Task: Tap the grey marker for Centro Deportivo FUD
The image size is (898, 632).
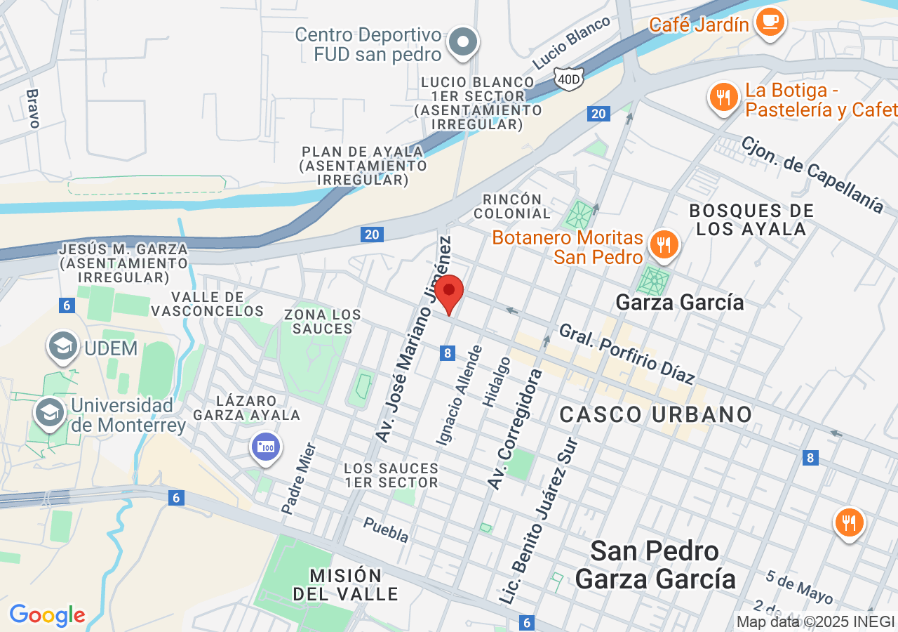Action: (463, 43)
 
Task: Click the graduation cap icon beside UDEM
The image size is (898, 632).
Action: (63, 346)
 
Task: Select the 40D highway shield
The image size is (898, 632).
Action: (568, 79)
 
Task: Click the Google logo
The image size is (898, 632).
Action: (47, 615)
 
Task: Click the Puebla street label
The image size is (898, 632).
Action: (386, 529)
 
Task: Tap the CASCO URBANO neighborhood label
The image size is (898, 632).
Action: (656, 414)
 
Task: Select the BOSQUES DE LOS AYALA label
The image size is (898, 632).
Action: (751, 220)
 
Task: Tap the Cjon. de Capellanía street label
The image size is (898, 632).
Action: (812, 173)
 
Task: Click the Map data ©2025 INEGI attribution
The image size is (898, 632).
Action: (815, 621)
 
